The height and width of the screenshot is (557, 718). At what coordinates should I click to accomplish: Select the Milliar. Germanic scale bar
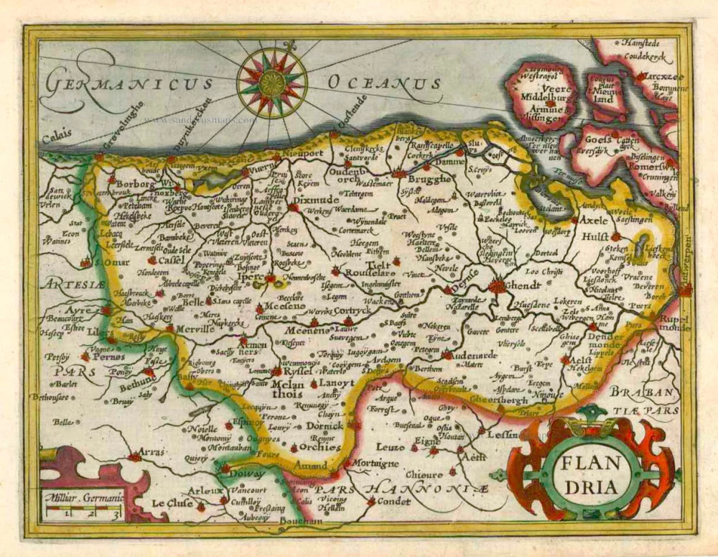pyautogui.click(x=82, y=511)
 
